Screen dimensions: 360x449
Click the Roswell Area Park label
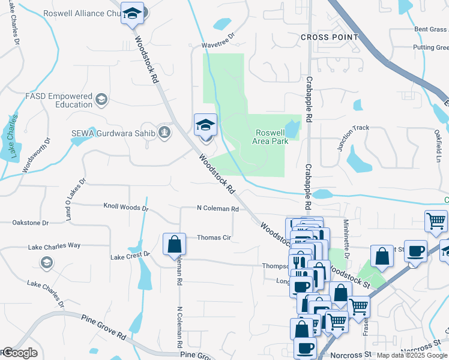pos(272,137)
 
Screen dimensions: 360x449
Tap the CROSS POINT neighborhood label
pos(329,37)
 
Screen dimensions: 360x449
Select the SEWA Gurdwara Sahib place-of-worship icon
pos(164,132)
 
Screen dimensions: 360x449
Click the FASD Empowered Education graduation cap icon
pos(102,98)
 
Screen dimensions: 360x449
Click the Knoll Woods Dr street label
pos(125,208)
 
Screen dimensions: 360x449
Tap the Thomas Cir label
pos(214,238)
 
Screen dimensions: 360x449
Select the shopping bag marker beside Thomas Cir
pos(174,244)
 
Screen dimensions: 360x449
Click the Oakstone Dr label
pos(30,223)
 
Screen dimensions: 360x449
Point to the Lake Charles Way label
pos(54,246)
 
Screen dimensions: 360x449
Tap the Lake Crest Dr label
pos(130,256)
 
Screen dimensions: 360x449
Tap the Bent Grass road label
pos(430,29)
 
